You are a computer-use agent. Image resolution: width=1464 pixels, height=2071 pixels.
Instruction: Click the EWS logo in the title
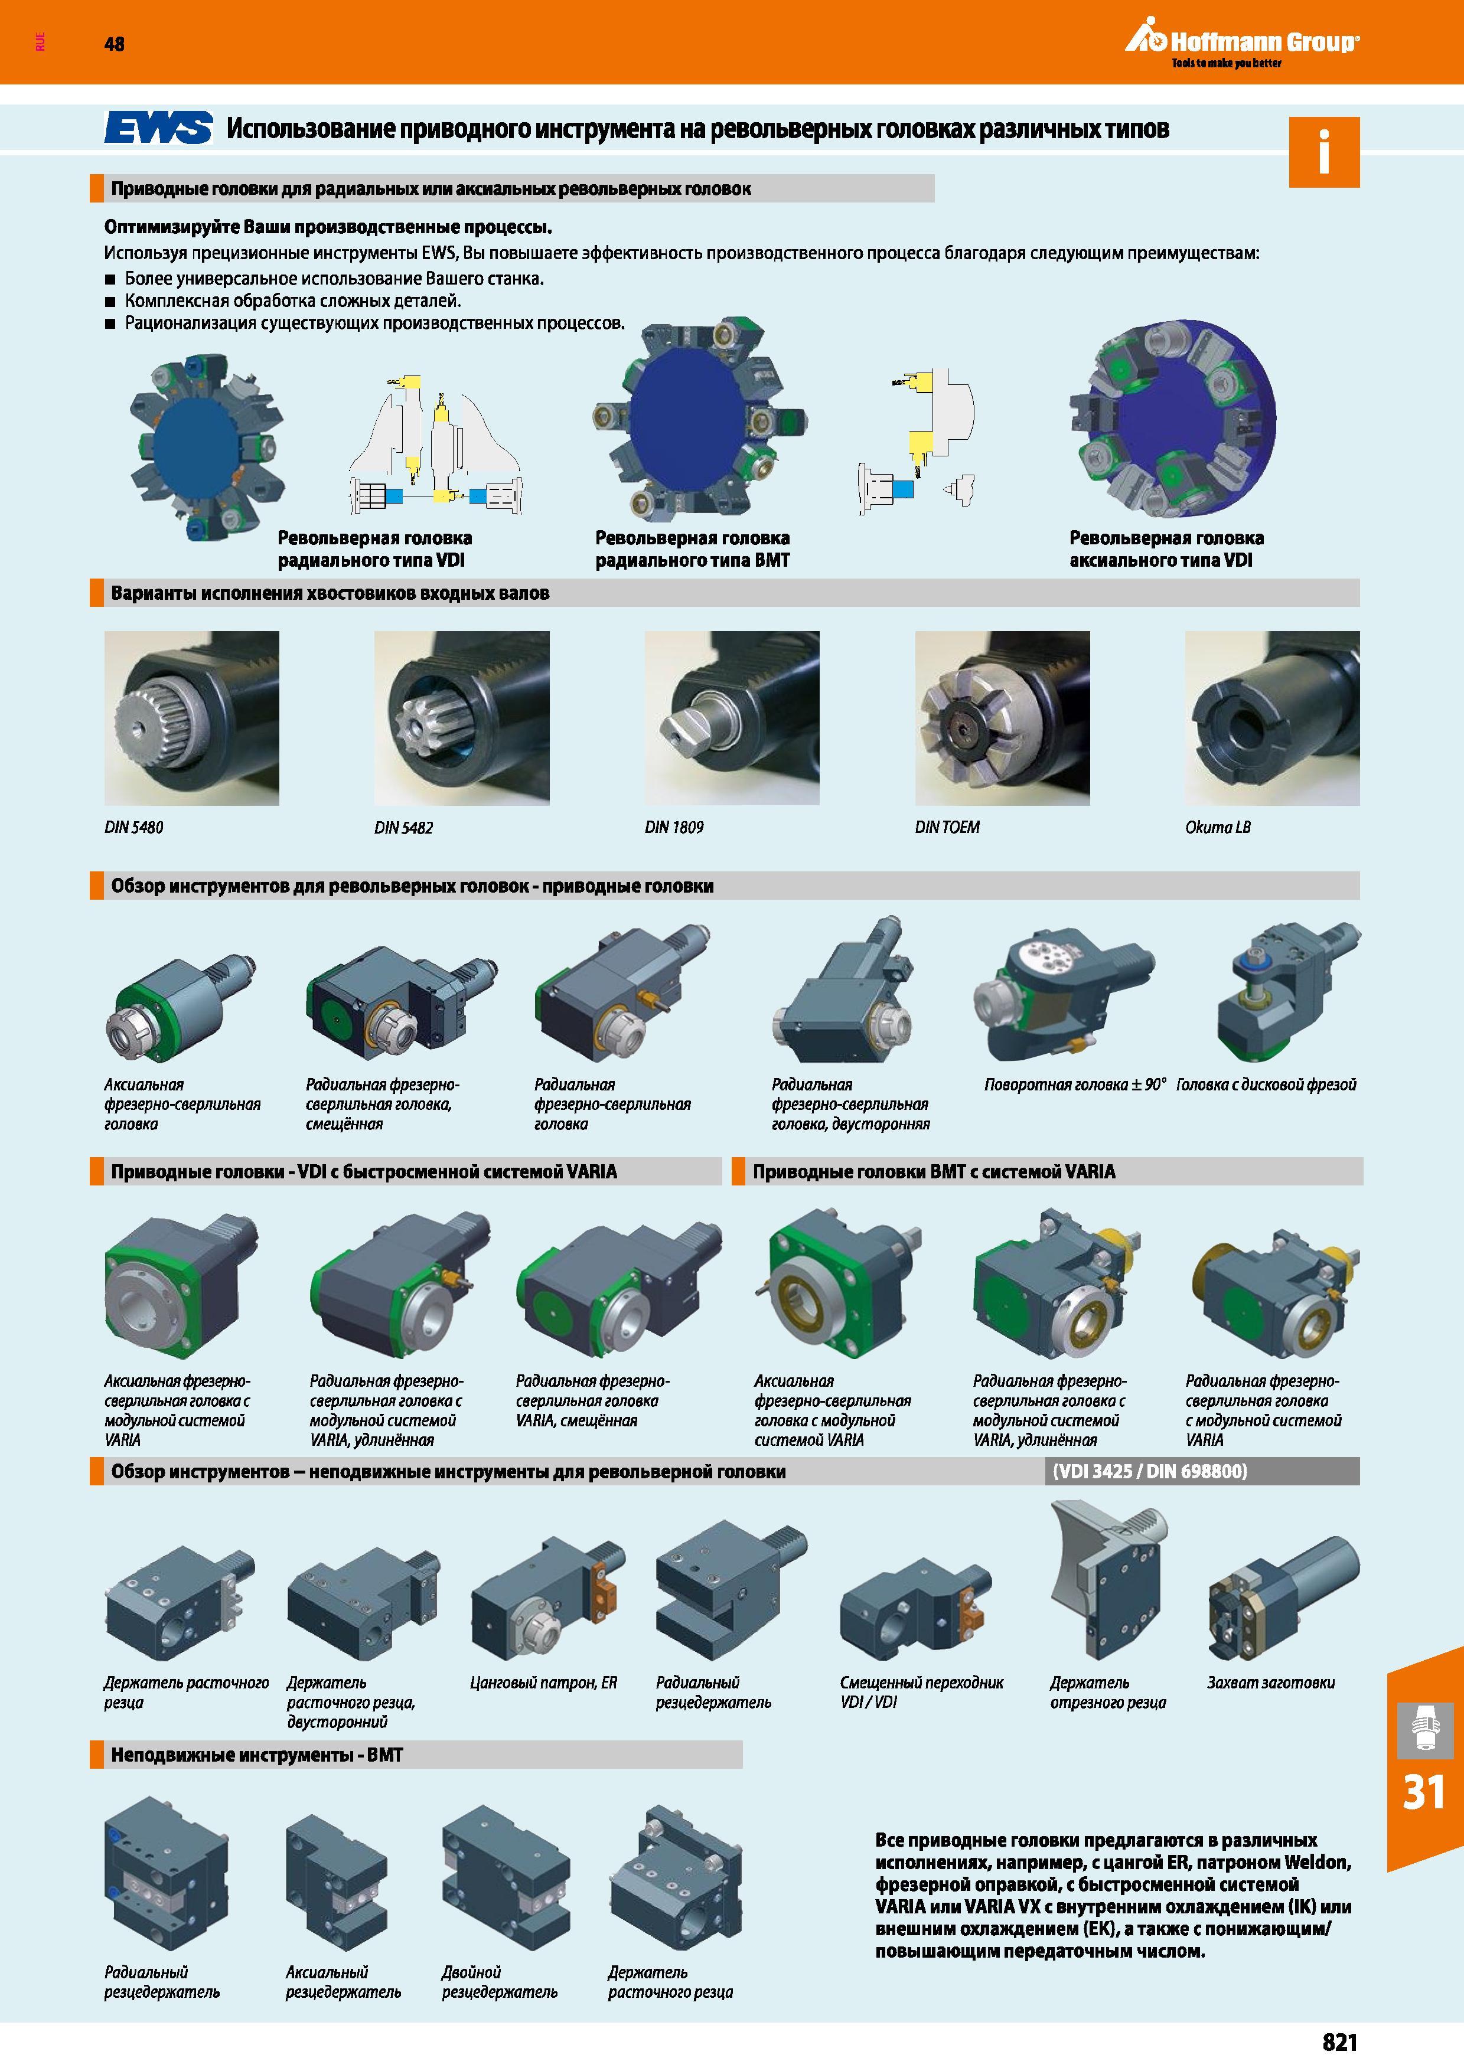tap(159, 128)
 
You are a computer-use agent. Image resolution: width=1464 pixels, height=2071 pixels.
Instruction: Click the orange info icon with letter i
tap(1323, 152)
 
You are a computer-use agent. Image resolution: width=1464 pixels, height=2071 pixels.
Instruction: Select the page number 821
tap(1339, 2042)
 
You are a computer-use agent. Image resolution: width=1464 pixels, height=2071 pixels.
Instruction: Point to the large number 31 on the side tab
tap(1423, 1791)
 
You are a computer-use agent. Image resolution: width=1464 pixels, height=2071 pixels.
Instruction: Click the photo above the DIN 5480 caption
tap(191, 718)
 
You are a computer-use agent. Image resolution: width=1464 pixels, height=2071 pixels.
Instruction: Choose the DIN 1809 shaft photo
tap(732, 718)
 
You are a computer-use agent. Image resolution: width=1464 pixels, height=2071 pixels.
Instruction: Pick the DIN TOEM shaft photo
tap(1002, 718)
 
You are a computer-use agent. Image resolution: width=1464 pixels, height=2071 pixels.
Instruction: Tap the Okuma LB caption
tap(1218, 827)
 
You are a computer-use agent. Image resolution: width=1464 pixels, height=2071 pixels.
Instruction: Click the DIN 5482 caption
tap(403, 827)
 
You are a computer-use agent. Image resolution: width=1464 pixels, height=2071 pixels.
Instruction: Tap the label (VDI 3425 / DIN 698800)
tap(1149, 1471)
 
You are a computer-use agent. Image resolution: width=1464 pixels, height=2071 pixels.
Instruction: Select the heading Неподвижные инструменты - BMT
tap(256, 1755)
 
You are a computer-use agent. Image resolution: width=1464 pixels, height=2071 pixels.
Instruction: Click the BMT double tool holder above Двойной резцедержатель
tap(505, 1876)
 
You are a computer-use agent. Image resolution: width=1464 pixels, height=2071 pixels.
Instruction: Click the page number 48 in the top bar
tap(115, 43)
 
